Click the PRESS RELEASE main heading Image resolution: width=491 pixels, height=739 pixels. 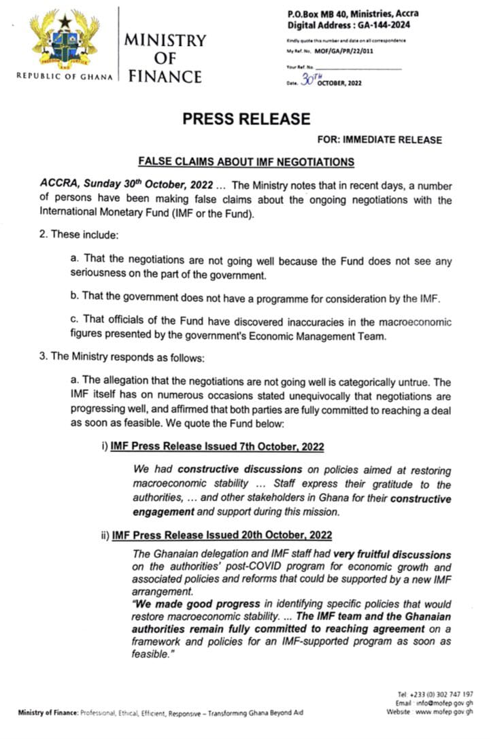[246, 119]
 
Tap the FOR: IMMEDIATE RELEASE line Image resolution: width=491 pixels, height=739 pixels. [379, 140]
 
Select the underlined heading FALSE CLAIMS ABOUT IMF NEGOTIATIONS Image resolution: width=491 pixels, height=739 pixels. [246, 162]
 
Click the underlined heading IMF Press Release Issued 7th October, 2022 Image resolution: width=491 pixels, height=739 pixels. [216, 447]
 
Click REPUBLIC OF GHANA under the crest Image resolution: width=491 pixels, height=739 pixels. [65, 75]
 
